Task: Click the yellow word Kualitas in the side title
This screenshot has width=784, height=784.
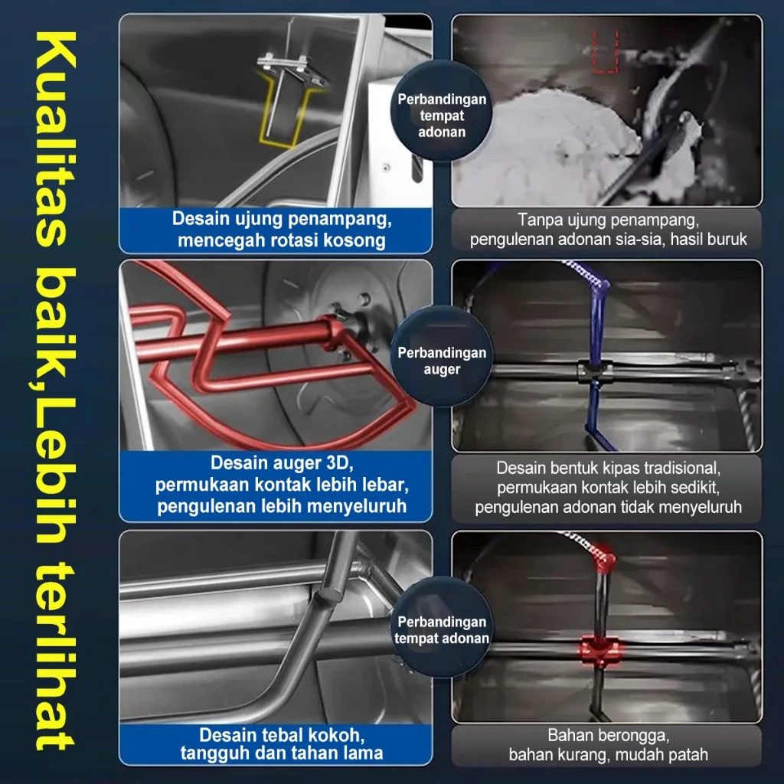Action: tap(56, 139)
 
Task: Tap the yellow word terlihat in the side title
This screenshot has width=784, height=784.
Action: tap(56, 655)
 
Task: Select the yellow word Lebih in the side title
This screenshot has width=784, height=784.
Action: tap(56, 471)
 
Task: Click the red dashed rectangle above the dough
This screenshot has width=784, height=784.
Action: tap(606, 52)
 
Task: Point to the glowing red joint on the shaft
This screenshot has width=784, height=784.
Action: tap(600, 651)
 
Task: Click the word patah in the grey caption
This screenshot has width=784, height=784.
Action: tap(688, 754)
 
